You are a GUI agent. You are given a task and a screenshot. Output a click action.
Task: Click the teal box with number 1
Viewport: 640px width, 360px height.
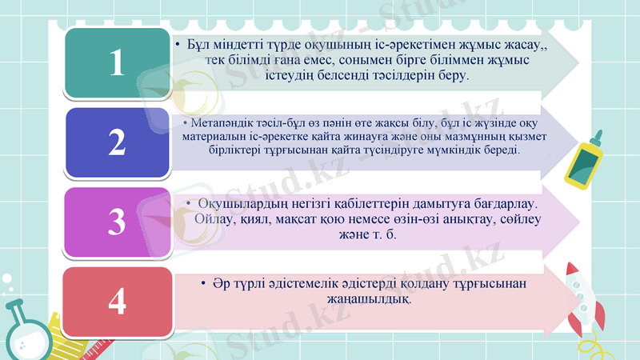pos(117,62)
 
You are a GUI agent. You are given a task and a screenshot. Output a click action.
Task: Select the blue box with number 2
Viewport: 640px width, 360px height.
pos(117,142)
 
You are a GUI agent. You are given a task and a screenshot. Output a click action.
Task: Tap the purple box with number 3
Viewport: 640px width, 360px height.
pos(117,221)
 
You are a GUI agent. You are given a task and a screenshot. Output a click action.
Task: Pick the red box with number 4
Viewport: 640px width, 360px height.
pos(117,301)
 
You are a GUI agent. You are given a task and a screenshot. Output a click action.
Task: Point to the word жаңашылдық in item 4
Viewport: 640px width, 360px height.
pos(374,298)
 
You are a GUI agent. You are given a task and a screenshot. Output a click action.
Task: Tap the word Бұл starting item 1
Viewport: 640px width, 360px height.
pos(198,45)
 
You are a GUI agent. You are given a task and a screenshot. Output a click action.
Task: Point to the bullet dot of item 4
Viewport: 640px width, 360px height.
pos(205,284)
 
